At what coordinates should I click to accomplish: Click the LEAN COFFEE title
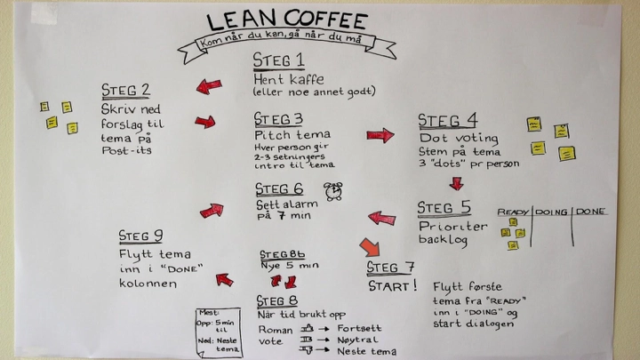pos(286,20)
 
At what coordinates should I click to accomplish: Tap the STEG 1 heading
pos(278,60)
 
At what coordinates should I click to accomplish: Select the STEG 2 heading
pos(125,90)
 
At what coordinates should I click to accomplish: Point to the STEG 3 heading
pos(278,119)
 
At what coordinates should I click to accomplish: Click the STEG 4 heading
pos(447,121)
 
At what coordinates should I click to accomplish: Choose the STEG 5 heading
pos(444,208)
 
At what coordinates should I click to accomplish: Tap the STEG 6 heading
pos(279,189)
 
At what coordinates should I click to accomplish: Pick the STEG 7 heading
pos(390,268)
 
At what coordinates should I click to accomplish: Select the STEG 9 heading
pos(140,236)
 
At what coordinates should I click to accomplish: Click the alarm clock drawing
pos(334,190)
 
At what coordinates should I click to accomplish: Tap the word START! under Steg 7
pos(392,286)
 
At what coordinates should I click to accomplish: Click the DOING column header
pos(551,212)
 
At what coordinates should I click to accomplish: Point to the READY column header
pos(513,212)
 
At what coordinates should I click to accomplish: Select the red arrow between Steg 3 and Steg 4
pos(380,135)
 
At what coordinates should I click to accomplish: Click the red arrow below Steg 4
pos(456,183)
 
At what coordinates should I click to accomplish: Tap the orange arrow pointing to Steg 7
pos(369,246)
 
